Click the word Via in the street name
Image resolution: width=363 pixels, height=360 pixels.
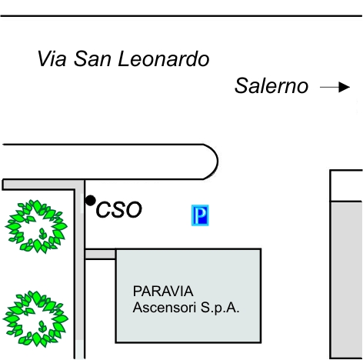click(x=52, y=58)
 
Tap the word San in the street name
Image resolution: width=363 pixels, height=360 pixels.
click(x=92, y=58)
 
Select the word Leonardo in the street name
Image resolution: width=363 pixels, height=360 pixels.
click(x=164, y=58)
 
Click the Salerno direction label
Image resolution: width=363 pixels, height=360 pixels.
click(x=271, y=85)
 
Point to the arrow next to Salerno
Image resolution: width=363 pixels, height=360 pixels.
click(x=335, y=87)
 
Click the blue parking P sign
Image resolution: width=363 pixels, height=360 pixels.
click(x=200, y=215)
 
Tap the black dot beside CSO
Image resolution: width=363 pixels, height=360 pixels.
click(x=90, y=200)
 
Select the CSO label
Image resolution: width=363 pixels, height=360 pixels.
click(x=118, y=210)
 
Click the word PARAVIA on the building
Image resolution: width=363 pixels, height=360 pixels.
click(x=163, y=291)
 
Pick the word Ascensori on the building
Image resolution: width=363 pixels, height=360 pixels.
click(x=165, y=308)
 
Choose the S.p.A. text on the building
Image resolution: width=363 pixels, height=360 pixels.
click(x=220, y=308)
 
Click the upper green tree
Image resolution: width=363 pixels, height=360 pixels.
click(x=36, y=226)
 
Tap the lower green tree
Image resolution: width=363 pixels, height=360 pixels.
click(x=35, y=318)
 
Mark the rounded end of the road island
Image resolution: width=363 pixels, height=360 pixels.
click(x=218, y=162)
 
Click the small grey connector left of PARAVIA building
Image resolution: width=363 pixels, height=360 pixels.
click(x=100, y=254)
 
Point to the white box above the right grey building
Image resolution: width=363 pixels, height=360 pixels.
click(x=346, y=185)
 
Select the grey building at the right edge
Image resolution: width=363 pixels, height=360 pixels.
click(x=346, y=280)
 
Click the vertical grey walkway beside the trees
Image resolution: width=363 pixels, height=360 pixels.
click(x=79, y=269)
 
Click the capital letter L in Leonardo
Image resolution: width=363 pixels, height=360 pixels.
click(x=124, y=58)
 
